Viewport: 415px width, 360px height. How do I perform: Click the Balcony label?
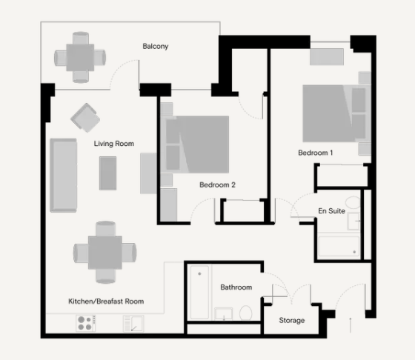click(156, 46)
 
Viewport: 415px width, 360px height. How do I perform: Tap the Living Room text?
click(114, 144)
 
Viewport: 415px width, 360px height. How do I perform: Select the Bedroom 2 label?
click(217, 184)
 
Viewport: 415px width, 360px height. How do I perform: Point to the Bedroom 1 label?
click(315, 153)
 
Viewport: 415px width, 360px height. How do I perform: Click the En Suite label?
click(331, 211)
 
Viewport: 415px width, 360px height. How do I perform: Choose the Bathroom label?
click(236, 287)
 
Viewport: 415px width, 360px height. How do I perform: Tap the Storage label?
click(292, 320)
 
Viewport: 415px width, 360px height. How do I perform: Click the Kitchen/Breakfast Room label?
click(106, 301)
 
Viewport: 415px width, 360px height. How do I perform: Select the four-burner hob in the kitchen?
click(85, 323)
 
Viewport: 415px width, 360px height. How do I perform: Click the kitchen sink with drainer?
click(133, 323)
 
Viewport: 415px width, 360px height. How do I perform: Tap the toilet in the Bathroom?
click(245, 313)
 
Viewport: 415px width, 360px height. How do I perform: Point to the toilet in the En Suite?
click(353, 202)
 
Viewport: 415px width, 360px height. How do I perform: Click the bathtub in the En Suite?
click(339, 246)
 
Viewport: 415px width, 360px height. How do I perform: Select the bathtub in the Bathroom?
click(199, 293)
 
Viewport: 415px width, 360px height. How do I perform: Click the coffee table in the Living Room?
click(107, 173)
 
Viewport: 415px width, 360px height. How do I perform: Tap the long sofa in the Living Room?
click(63, 175)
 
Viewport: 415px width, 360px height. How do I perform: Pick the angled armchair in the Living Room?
click(85, 118)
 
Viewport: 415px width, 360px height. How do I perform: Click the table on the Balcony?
click(80, 57)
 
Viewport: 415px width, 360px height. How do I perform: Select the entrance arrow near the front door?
click(351, 325)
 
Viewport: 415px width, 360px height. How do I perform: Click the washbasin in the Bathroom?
click(224, 313)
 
